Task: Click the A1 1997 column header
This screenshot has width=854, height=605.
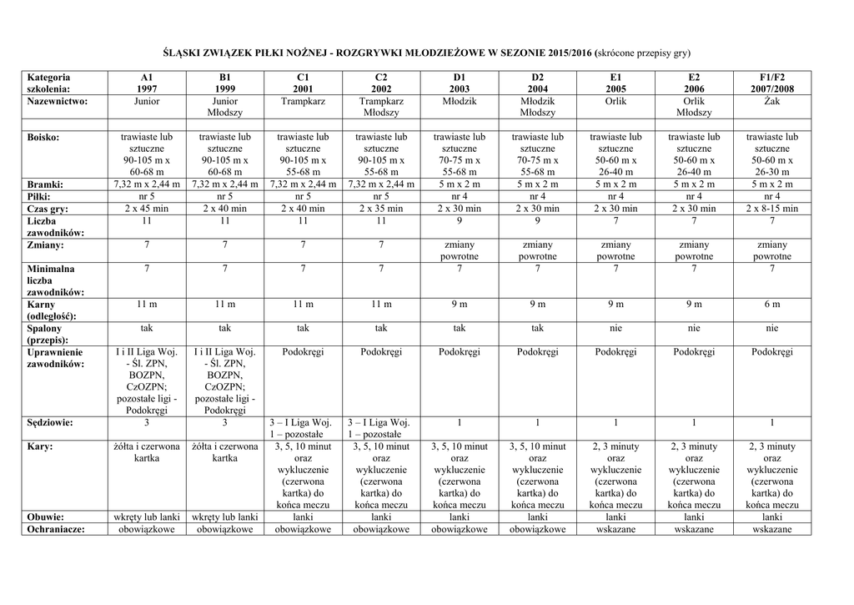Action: [x=147, y=83]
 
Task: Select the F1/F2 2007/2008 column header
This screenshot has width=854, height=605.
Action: [x=771, y=83]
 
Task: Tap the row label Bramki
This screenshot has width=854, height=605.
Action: [x=45, y=184]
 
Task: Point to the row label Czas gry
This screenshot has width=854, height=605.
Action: [x=48, y=209]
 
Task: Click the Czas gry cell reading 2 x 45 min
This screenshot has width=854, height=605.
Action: [x=147, y=209]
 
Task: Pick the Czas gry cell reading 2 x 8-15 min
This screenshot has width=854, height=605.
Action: [x=771, y=209]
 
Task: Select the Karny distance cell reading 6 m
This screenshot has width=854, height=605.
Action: [x=771, y=305]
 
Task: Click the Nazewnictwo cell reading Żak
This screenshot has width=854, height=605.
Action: [x=771, y=101]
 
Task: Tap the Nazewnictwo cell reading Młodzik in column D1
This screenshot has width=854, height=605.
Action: [x=460, y=101]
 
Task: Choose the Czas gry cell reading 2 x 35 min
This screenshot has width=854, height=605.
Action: [x=381, y=209]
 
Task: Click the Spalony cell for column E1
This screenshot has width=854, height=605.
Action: [x=615, y=329]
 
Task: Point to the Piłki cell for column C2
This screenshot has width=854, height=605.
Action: [x=381, y=196]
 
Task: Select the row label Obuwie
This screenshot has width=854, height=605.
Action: [x=46, y=517]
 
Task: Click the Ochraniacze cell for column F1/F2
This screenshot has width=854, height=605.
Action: [x=771, y=529]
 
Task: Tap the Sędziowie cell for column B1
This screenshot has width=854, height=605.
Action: [x=224, y=422]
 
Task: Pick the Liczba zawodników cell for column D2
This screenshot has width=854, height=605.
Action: [x=538, y=221]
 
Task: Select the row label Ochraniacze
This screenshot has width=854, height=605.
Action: [x=56, y=529]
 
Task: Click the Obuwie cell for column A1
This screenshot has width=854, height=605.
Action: [x=147, y=517]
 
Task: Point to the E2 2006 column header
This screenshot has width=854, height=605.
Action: [x=694, y=83]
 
